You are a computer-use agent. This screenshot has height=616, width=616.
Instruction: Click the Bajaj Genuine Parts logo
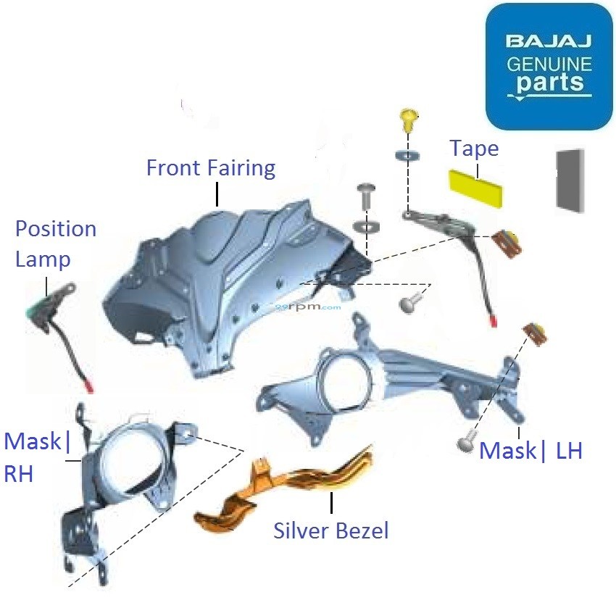tap(549, 66)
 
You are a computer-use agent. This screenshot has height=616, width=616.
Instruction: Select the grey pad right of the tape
tap(569, 180)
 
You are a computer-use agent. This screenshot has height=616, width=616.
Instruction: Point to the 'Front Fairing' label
tap(210, 168)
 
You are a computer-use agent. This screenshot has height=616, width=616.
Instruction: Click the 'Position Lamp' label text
tap(56, 244)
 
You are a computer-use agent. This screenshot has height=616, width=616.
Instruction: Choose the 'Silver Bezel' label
tap(330, 530)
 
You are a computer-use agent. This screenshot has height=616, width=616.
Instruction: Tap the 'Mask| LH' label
tap(530, 451)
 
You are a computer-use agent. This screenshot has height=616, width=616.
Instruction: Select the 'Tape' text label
tap(474, 149)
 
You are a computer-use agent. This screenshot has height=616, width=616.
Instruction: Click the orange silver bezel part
tap(286, 489)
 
